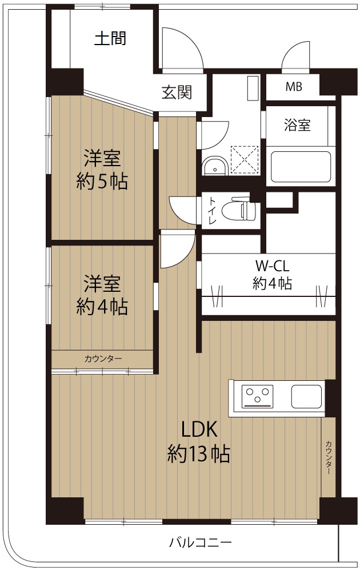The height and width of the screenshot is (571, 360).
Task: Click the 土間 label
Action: point(110,38)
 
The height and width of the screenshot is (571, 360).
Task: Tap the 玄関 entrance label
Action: point(177,92)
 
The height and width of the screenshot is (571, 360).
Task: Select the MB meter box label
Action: point(294,87)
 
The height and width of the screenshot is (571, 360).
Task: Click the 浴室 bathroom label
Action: point(297,125)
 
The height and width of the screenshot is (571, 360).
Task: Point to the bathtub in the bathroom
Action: point(301,167)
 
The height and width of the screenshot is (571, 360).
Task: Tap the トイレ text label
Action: point(213,210)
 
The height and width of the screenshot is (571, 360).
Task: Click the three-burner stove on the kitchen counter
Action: point(258,397)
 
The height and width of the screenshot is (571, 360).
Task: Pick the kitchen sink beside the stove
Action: point(306,397)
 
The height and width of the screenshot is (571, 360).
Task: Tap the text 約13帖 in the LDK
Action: point(199,454)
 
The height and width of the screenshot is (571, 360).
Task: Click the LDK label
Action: point(199,429)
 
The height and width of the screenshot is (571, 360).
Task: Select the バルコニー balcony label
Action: point(201,544)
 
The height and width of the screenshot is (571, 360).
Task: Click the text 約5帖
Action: point(102,181)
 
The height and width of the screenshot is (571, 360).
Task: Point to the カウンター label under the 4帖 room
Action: point(103,359)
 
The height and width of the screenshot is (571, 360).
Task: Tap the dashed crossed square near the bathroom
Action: point(245,160)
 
